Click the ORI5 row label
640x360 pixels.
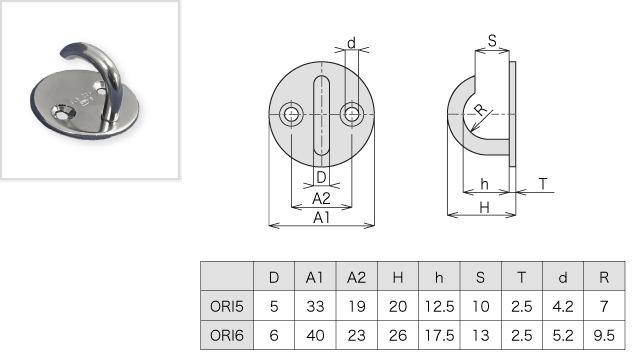(227, 306)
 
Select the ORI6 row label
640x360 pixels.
(227, 335)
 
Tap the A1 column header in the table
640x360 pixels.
(315, 278)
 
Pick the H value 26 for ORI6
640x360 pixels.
(398, 335)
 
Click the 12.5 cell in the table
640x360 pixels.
(439, 306)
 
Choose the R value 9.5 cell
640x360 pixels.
(604, 335)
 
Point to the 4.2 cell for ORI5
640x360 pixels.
(563, 306)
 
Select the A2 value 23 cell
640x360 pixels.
(356, 335)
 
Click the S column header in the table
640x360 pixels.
(480, 278)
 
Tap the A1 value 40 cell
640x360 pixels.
(315, 335)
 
